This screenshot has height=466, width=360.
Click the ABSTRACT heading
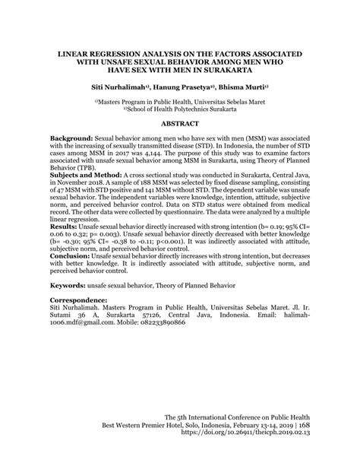click(x=180, y=122)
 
